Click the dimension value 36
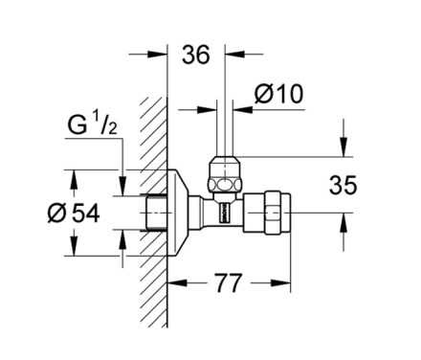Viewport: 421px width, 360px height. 196,55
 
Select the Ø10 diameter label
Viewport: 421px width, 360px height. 278,94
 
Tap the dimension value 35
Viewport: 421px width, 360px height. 343,185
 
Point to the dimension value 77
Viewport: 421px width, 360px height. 229,283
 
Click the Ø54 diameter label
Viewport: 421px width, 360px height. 74,214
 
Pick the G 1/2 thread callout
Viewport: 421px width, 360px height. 93,124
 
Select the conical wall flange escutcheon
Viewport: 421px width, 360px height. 178,213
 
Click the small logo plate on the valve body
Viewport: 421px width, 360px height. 224,212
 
